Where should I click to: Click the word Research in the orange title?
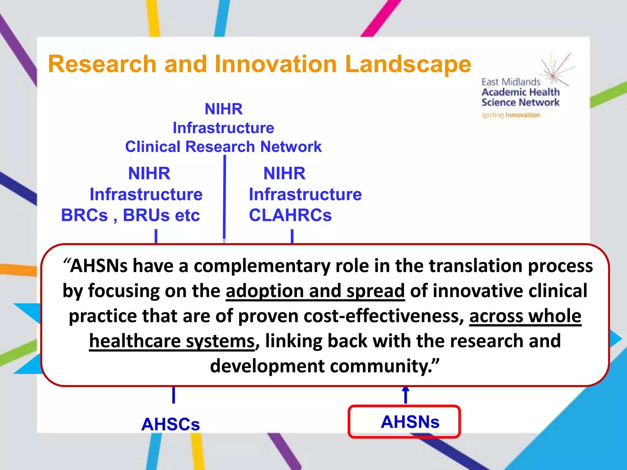102,64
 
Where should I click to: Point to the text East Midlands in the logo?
511,82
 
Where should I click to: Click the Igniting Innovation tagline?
511,115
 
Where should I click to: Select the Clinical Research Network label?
223,147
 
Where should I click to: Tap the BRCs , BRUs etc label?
130,215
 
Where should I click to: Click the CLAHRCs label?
290,215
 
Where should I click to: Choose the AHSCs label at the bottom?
171,424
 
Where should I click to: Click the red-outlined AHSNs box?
404,422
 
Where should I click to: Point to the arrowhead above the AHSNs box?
406,390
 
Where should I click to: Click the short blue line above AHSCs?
174,395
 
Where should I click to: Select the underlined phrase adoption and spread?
315,291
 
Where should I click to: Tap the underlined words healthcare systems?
172,341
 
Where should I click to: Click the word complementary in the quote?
262,266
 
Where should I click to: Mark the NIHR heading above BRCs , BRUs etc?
149,173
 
